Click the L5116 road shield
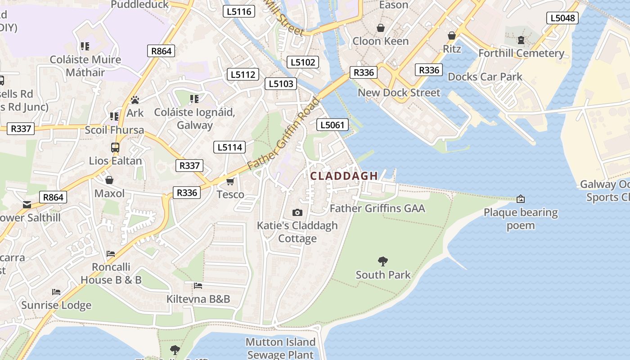(x=239, y=12)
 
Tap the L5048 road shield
(x=562, y=18)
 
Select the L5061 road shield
(x=333, y=125)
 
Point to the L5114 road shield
(x=229, y=147)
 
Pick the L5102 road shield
(x=303, y=62)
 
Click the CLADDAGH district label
(x=344, y=176)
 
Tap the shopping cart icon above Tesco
(x=230, y=181)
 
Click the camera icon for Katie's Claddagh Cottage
(x=297, y=212)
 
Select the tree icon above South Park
(x=383, y=261)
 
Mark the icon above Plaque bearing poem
(x=521, y=198)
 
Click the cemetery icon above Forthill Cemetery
(x=521, y=40)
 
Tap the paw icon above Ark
(x=135, y=99)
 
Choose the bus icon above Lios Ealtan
(x=115, y=147)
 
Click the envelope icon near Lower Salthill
(x=27, y=205)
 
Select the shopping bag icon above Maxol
(x=109, y=180)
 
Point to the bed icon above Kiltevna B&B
(x=198, y=285)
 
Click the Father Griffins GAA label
(x=377, y=208)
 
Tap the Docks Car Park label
(x=485, y=77)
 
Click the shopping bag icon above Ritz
(x=452, y=36)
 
